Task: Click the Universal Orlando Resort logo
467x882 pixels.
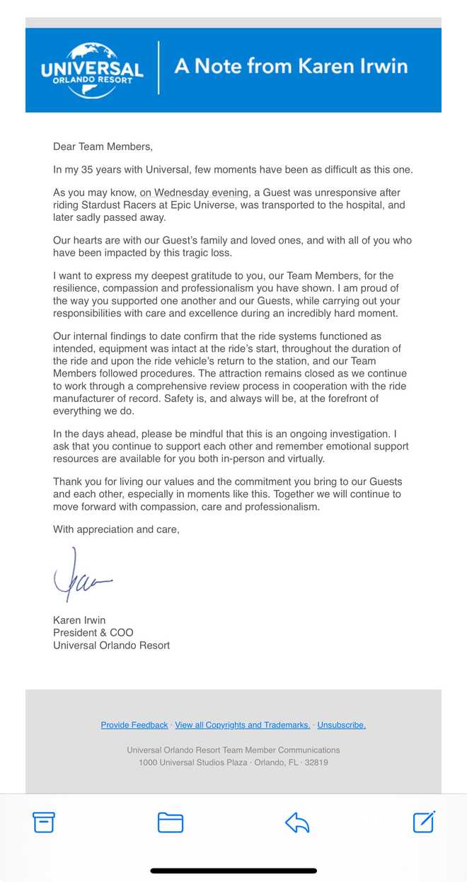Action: click(92, 69)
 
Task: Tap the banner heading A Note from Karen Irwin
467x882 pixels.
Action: click(291, 67)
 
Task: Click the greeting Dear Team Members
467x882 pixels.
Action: click(103, 147)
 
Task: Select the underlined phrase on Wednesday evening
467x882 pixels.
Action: click(194, 193)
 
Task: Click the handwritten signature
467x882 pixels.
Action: click(81, 575)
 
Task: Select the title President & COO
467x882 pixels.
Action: click(93, 632)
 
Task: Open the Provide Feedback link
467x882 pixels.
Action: click(134, 725)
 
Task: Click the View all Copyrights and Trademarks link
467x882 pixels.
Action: click(242, 725)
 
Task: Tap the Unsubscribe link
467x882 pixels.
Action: click(341, 725)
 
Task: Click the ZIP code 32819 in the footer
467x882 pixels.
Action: click(315, 762)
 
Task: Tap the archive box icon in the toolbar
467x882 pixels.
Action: click(44, 822)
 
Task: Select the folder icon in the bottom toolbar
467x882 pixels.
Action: click(170, 822)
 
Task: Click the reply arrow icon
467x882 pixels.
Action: click(297, 822)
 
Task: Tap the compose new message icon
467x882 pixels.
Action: click(423, 822)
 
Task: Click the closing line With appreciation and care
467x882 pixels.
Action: click(116, 529)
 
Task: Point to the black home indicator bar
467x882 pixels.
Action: click(233, 871)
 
